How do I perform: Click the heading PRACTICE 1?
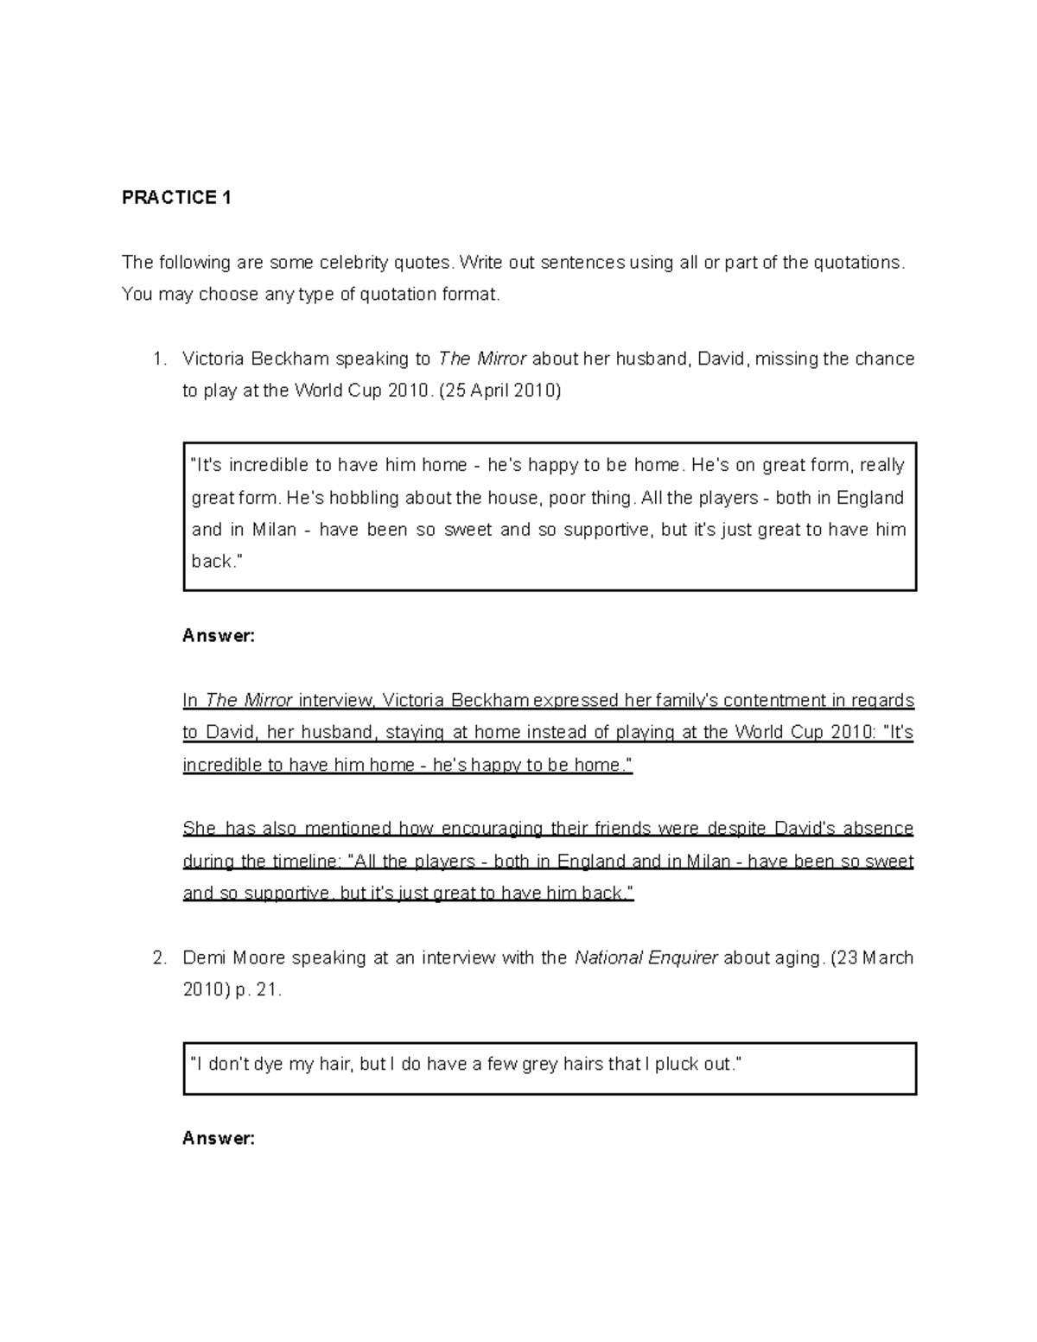176,198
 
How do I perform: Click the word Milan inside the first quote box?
274,530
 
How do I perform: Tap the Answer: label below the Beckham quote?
219,636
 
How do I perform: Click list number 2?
158,958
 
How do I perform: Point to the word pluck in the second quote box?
676,1065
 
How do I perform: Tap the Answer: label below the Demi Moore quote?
219,1139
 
